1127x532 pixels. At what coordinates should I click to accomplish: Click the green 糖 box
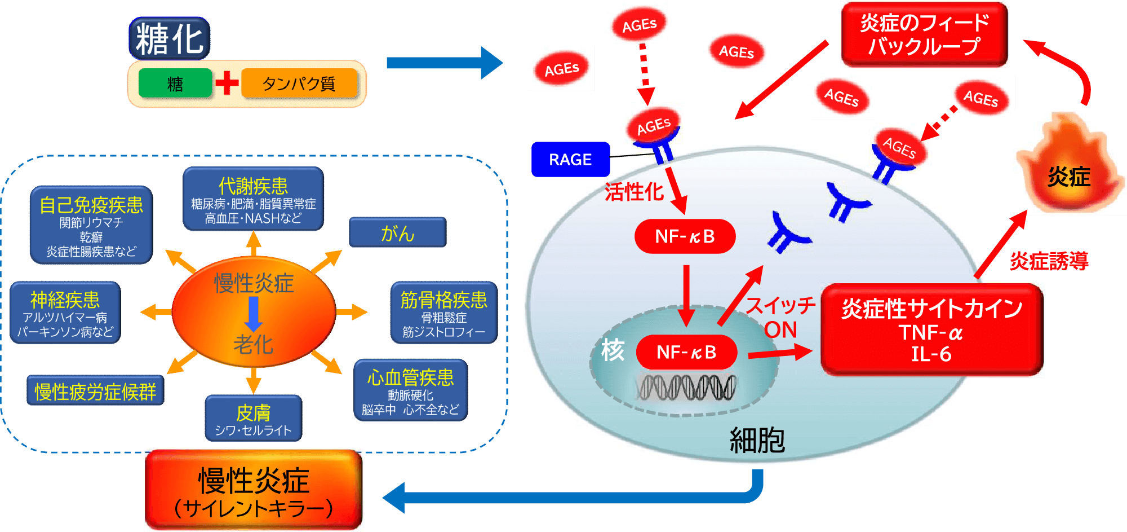175,84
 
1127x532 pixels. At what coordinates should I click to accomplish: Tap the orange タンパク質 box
299,84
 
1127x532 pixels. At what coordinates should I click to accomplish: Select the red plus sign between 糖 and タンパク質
227,83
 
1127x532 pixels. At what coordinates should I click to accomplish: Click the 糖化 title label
170,38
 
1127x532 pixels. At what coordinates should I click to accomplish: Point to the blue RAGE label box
570,160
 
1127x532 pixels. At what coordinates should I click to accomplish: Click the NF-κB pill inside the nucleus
686,352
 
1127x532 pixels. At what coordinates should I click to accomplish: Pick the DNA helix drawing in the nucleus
686,388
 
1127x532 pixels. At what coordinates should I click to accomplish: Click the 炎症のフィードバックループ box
924,34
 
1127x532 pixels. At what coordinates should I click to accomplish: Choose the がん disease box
398,232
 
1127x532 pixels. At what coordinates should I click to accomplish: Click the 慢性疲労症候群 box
95,390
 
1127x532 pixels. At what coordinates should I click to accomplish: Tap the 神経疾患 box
65,313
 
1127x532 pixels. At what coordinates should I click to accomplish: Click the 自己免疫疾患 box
91,225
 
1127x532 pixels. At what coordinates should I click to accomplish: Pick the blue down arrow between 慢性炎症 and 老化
254,314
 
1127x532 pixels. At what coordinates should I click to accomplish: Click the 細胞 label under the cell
757,440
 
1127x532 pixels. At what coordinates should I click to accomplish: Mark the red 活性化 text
634,192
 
